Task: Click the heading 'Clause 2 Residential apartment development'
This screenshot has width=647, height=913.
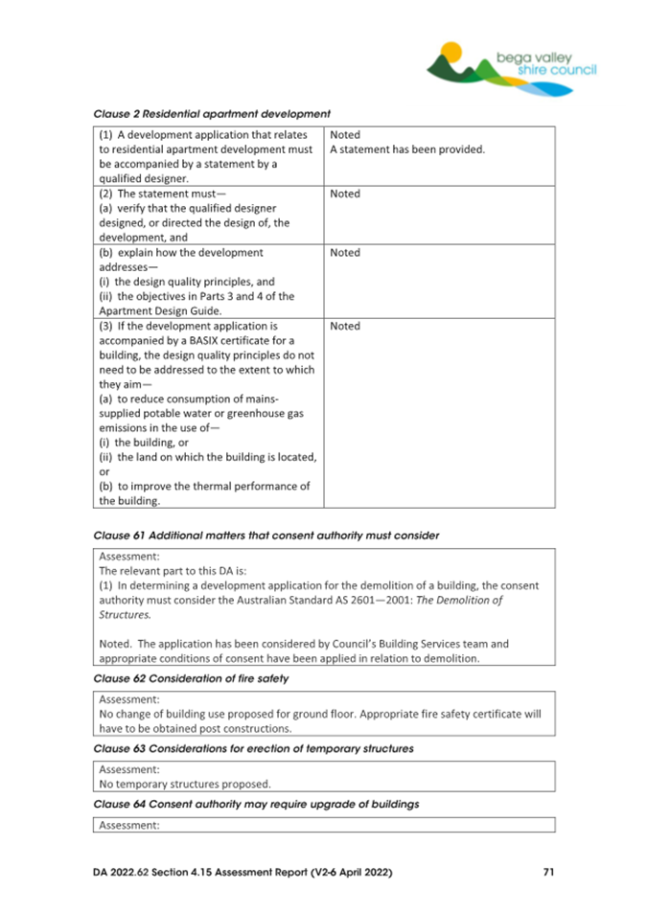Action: pyautogui.click(x=212, y=114)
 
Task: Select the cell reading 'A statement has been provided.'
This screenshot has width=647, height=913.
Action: pyautogui.click(x=407, y=149)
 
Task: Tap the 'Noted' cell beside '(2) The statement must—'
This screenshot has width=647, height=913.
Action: pyautogui.click(x=345, y=194)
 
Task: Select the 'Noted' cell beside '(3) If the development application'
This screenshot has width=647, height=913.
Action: pyautogui.click(x=345, y=326)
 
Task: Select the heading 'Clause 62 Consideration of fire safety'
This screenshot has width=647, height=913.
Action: pyautogui.click(x=192, y=678)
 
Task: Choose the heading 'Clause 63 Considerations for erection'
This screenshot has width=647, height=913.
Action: pyautogui.click(x=254, y=748)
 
